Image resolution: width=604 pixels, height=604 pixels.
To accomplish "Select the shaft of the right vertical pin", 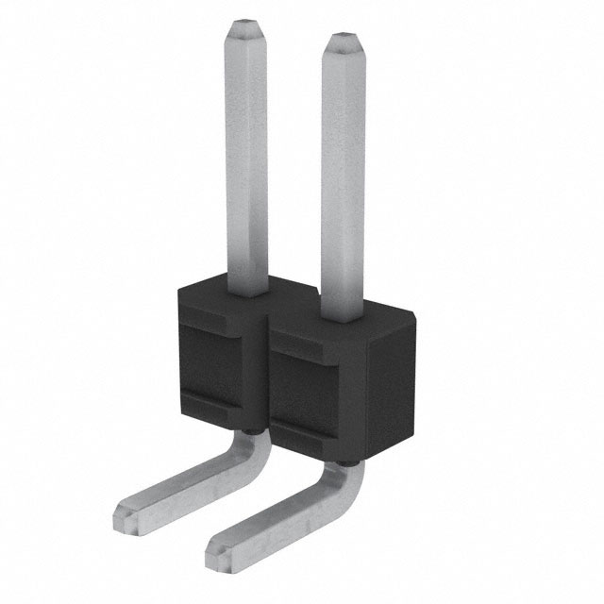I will coord(342,170).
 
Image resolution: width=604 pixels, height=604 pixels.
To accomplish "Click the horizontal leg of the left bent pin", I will coord(184,485).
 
